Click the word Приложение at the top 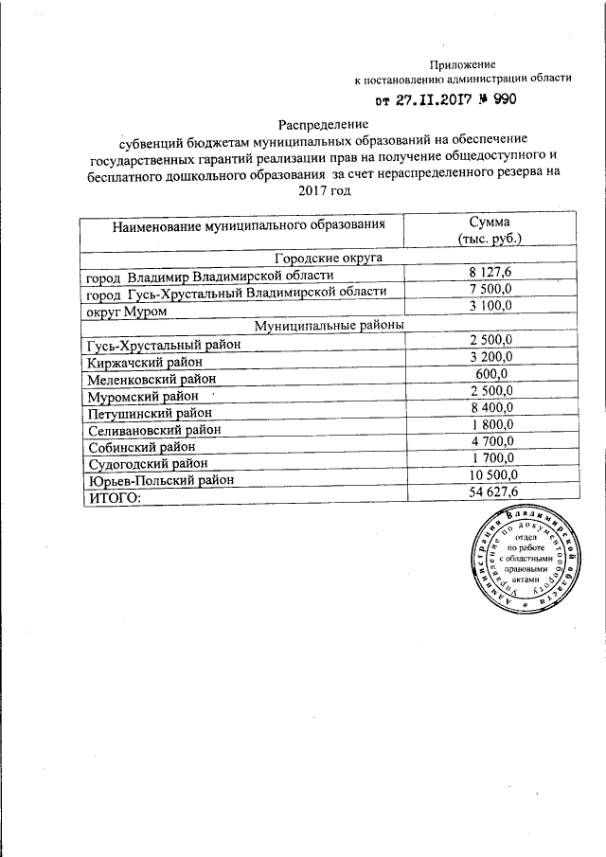462,63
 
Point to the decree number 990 502,99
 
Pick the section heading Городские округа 328,258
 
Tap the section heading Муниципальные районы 328,324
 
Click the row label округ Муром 127,311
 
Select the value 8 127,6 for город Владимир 490,273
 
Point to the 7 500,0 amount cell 490,289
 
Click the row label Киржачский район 151,361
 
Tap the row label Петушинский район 151,412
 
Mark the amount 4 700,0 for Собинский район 490,440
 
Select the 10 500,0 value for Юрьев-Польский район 490,474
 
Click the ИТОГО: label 114,497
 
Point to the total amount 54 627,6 490,491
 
